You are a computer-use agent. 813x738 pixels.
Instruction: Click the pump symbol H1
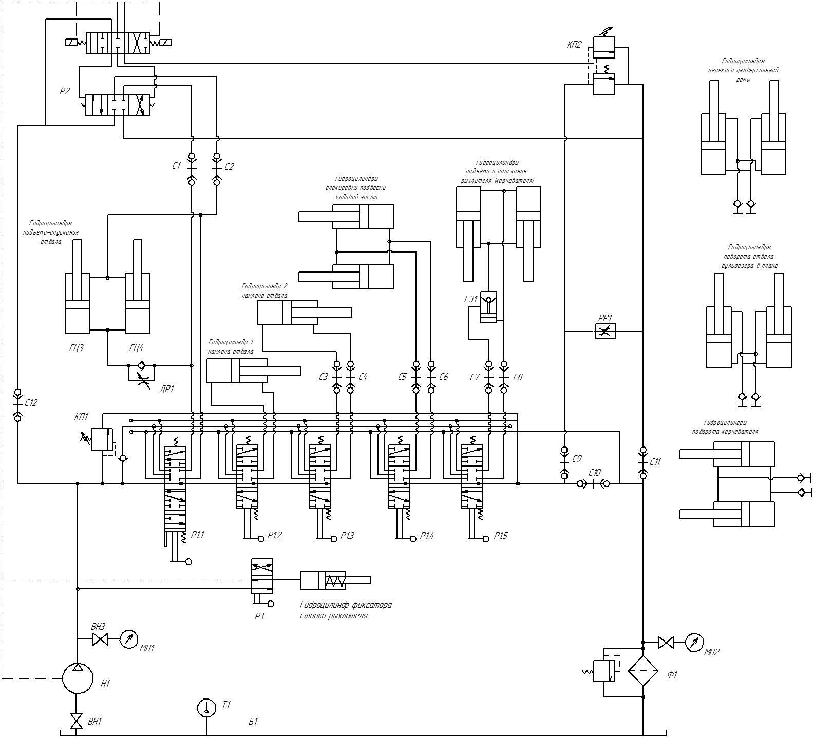[78, 678]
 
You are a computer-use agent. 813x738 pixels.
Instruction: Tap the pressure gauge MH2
[694, 642]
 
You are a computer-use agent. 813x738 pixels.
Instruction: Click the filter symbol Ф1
[643, 671]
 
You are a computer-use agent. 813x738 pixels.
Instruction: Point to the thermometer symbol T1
[206, 708]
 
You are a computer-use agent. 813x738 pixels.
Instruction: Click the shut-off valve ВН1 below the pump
[77, 721]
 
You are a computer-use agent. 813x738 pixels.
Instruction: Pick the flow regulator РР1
[605, 332]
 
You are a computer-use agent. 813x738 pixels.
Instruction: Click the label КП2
[574, 45]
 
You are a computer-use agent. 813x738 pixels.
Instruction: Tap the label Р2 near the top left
[64, 91]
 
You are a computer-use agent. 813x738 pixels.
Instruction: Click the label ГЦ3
[76, 348]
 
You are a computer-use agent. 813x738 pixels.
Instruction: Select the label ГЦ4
[136, 348]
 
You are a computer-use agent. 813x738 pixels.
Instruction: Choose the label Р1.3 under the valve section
[347, 536]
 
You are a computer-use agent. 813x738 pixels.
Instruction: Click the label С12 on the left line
[31, 403]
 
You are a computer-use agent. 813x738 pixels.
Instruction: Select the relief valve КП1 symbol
[102, 439]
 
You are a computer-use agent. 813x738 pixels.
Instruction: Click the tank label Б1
[253, 721]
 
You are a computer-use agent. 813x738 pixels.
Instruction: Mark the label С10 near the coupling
[594, 472]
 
